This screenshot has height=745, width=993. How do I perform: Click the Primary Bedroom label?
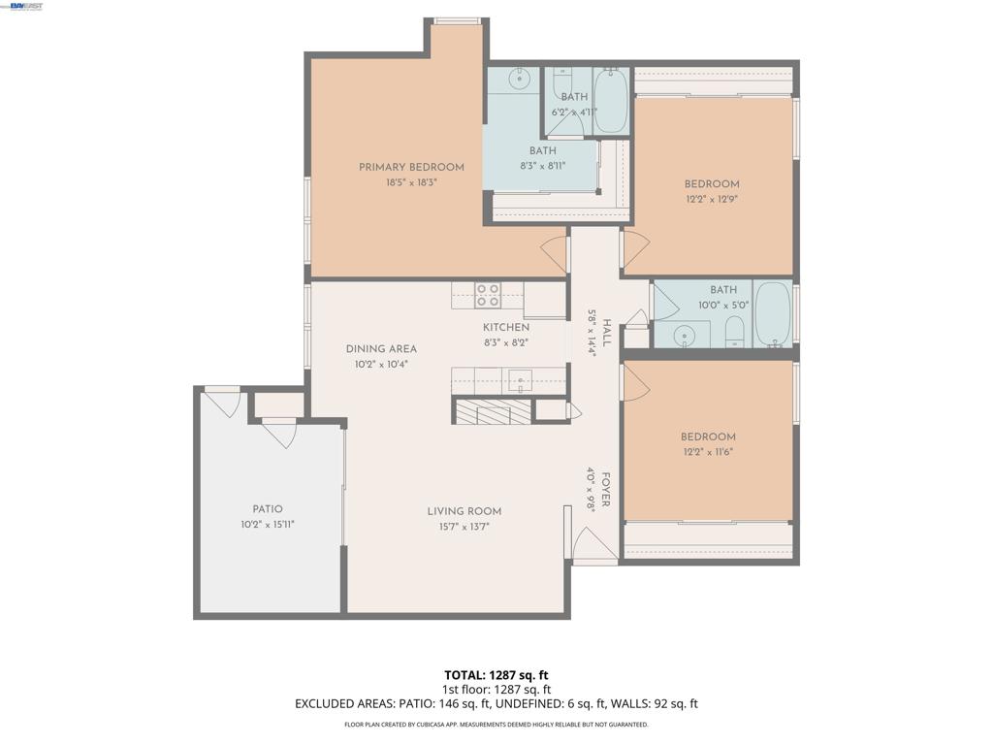point(411,167)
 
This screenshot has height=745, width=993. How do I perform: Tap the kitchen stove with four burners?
point(488,296)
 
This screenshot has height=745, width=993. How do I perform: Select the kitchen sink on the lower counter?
point(521,380)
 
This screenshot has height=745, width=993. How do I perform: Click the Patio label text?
point(268,508)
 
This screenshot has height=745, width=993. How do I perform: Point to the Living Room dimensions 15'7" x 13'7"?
point(464,527)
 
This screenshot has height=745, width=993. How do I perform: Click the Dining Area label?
point(381,349)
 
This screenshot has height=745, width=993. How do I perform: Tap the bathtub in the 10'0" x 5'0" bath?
point(773,313)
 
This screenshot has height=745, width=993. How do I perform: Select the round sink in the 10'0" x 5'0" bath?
point(684,335)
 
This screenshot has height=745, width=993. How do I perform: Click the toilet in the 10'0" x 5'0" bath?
point(734,333)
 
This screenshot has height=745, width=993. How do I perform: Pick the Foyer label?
point(605,490)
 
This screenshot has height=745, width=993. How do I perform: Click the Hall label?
point(606,334)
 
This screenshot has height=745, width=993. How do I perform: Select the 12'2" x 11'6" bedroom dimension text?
point(707,452)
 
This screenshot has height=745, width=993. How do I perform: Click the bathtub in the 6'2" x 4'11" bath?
point(611,100)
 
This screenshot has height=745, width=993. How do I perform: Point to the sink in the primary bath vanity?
point(520,79)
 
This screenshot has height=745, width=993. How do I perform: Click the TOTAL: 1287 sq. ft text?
point(496,675)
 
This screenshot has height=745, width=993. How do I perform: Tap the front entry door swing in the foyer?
point(593,545)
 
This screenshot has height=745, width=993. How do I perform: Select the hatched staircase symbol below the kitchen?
point(492,411)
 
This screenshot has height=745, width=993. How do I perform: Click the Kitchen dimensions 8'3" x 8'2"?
point(506,342)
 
